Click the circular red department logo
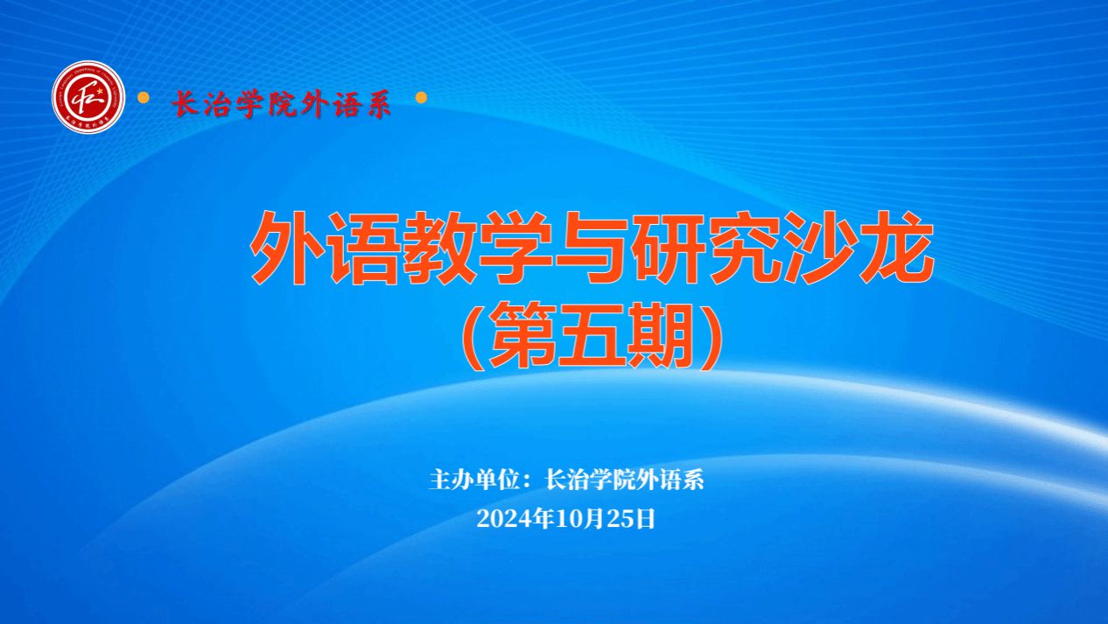(88, 97)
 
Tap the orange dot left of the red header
(144, 97)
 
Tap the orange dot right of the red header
(422, 97)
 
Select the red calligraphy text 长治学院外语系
(282, 105)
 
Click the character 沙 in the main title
(821, 249)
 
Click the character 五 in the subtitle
(592, 336)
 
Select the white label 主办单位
(473, 480)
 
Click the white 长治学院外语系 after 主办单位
(624, 480)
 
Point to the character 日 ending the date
(645, 519)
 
